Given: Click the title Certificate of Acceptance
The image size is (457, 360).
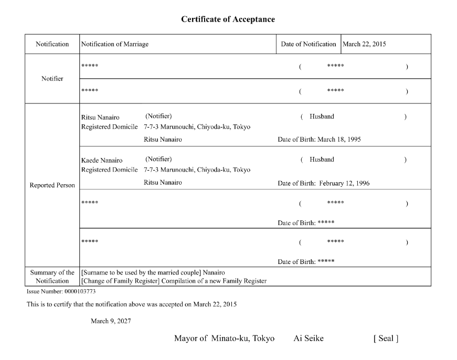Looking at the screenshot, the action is pyautogui.click(x=228, y=19).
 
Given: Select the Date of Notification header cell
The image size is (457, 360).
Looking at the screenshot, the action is pyautogui.click(x=308, y=44).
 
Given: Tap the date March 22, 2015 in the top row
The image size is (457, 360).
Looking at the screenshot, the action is pyautogui.click(x=364, y=44).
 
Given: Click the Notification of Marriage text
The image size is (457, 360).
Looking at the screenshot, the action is pyautogui.click(x=115, y=44).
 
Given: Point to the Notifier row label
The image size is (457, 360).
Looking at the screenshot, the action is pyautogui.click(x=52, y=79).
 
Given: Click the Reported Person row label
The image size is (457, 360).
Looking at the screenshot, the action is pyautogui.click(x=52, y=185).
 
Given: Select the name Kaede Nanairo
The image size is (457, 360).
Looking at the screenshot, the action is pyautogui.click(x=102, y=160).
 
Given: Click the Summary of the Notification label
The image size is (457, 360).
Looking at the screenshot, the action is pyautogui.click(x=52, y=277).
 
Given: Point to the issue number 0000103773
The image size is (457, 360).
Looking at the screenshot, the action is pyautogui.click(x=80, y=291).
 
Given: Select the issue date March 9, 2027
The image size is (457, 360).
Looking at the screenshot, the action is pyautogui.click(x=111, y=321).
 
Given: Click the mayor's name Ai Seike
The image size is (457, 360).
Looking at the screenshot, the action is pyautogui.click(x=309, y=338).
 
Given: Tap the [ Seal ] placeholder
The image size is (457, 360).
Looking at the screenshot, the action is pyautogui.click(x=386, y=338).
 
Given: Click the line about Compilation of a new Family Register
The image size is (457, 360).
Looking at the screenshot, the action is pyautogui.click(x=174, y=281).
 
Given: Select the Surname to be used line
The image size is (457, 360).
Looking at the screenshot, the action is pyautogui.click(x=153, y=272).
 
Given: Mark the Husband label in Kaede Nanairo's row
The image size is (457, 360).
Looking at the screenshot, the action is pyautogui.click(x=322, y=160).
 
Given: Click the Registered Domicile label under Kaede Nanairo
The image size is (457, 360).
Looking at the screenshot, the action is pyautogui.click(x=109, y=170).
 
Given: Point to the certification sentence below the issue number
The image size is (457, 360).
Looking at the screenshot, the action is pyautogui.click(x=132, y=304).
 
